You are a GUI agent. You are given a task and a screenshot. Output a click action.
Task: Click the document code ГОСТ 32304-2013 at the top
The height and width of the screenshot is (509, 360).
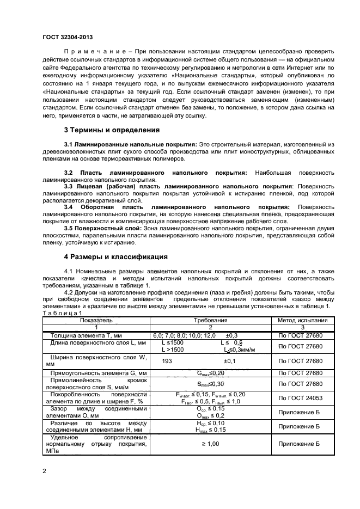coord(67,37)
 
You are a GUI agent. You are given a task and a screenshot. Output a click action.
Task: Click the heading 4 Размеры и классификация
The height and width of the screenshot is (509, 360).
coord(116,256)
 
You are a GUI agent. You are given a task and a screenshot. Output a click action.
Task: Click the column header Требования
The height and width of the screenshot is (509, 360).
coord(211,320)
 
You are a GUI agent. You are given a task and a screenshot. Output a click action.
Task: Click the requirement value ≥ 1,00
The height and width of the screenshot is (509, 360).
coord(211,444)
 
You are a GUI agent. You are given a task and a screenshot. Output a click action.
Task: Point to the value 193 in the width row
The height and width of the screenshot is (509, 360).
coord(167,361)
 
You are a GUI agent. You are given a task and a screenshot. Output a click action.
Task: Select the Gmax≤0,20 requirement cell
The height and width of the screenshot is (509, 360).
coord(211,373)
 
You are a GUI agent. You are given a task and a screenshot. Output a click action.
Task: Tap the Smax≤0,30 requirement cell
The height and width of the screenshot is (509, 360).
coord(211,383)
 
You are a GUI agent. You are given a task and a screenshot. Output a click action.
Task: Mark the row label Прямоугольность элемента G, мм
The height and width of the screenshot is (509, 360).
coord(95,373)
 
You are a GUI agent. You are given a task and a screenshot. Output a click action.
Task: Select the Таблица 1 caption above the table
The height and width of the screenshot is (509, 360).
coord(62,313)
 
